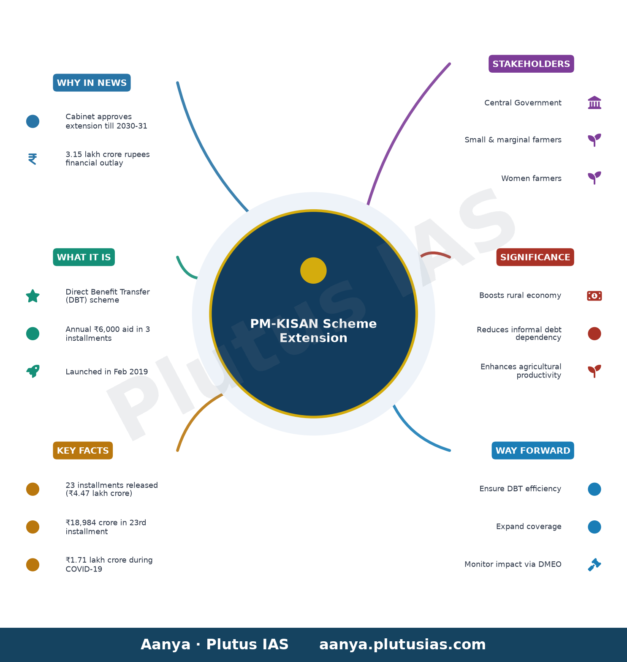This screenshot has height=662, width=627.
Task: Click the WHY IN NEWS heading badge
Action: (92, 83)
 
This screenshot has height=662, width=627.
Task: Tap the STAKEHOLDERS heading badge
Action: (531, 64)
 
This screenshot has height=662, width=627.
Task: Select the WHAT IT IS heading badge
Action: (84, 257)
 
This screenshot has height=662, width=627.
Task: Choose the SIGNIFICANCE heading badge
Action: (535, 257)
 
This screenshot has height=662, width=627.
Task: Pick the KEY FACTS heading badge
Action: (83, 451)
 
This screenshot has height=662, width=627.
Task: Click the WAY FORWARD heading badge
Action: (533, 451)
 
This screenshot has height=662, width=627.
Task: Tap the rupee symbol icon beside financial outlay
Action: (33, 159)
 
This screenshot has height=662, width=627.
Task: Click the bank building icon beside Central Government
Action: (594, 103)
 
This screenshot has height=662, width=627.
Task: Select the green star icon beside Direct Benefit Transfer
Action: (33, 296)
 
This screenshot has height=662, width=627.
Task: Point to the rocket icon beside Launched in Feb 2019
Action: (33, 371)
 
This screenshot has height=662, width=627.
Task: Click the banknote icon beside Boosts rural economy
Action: (594, 296)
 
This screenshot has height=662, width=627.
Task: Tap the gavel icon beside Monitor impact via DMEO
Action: (594, 565)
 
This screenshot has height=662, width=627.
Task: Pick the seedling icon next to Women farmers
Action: (594, 178)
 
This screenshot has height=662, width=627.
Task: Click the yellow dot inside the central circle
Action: (313, 271)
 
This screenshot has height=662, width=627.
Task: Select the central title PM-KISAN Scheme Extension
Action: (313, 331)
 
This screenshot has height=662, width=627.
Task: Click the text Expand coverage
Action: (529, 527)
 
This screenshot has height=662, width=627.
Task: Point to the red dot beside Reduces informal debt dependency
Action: (594, 334)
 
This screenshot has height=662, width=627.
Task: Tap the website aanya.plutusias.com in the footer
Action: (402, 645)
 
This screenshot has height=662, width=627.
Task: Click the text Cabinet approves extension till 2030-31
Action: (106, 121)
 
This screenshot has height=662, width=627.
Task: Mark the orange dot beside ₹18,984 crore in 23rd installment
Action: (33, 527)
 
